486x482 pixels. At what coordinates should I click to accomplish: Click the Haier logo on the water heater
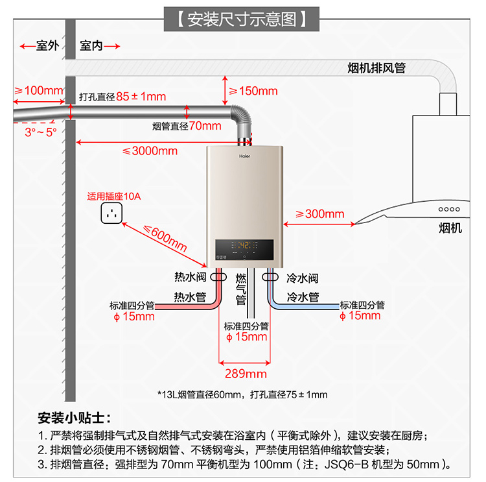(x=244, y=156)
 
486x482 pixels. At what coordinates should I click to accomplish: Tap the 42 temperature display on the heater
(x=245, y=245)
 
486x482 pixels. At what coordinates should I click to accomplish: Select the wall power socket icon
(x=111, y=213)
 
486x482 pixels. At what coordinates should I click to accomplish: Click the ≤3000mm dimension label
(x=150, y=151)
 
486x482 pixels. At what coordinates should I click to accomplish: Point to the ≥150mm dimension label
(x=253, y=91)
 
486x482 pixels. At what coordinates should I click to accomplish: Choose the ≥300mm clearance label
(x=320, y=214)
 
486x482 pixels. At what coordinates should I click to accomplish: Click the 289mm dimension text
(x=246, y=374)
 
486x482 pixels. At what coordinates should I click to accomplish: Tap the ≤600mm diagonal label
(x=165, y=238)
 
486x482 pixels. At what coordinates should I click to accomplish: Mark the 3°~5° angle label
(x=41, y=132)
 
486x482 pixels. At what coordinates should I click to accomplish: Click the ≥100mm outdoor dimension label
(x=39, y=91)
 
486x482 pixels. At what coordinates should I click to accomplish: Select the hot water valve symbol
(x=218, y=277)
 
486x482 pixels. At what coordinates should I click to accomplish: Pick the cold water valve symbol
(x=270, y=277)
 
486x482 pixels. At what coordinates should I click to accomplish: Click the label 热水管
(x=190, y=297)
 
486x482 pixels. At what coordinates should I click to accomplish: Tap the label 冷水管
(x=303, y=297)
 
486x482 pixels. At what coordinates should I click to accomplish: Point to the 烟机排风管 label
(x=376, y=68)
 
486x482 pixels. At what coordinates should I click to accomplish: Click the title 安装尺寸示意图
(x=242, y=19)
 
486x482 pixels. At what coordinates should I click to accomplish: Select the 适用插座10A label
(x=114, y=197)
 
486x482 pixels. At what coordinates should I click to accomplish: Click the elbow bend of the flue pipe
(x=241, y=116)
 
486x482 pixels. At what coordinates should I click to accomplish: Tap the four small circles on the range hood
(x=449, y=209)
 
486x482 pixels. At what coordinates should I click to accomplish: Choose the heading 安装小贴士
(x=74, y=418)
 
